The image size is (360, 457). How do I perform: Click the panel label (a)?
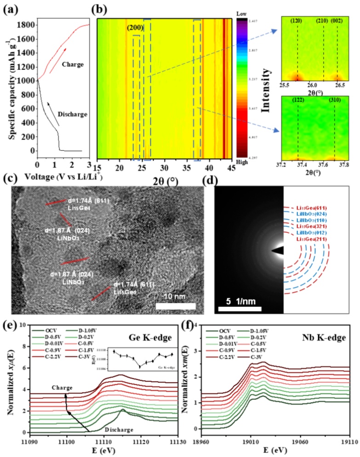click(10, 8)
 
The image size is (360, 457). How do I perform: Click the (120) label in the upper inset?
click(297, 21)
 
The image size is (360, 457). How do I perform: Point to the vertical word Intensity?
click(264, 90)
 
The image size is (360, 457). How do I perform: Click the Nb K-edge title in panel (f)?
click(328, 334)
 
